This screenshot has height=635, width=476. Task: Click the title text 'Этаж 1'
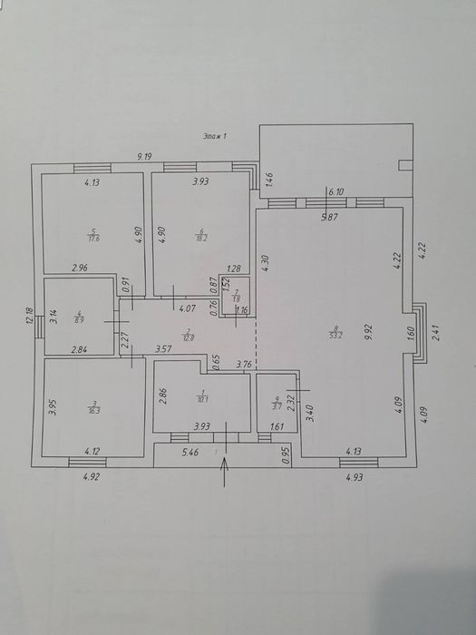pos(214,135)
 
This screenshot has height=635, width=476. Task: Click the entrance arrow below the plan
pos(225,471)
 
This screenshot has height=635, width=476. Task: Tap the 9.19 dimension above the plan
pos(144,157)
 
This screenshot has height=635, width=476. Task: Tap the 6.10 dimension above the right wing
pos(336,192)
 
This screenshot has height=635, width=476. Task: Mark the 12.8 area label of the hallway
pos(188,337)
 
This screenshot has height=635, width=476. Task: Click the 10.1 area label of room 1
pos(202,396)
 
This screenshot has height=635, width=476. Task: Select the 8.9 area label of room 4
pos(78,318)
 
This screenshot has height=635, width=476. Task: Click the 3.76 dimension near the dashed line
pos(244,366)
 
